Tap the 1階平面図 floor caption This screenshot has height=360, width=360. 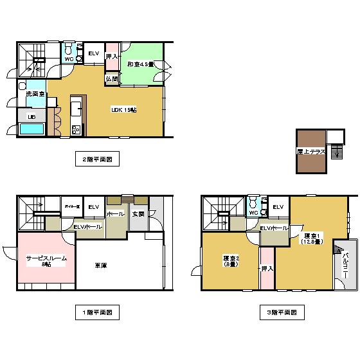coord(96,312)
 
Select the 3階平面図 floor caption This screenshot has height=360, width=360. coord(282,312)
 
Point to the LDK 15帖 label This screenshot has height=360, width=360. coord(124,110)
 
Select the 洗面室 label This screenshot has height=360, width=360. coord(35,94)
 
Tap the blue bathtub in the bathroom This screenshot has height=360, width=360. coord(31,129)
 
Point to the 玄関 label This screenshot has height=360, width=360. coord(138,213)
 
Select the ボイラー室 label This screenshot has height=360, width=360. coord(71,206)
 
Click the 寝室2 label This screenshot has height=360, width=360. coord(231,260)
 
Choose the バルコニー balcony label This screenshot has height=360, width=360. coord(345,264)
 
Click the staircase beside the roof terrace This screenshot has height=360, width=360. coord(335,153)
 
